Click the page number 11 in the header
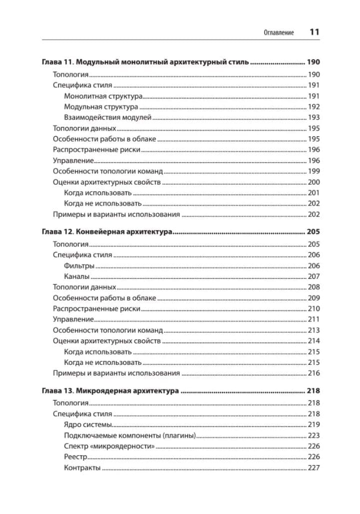click(314, 32)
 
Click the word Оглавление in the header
click(279, 33)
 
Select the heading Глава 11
click(144, 63)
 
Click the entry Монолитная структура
click(103, 96)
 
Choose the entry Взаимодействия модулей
click(107, 117)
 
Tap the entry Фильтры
click(79, 266)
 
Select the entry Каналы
click(77, 276)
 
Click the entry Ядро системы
click(88, 425)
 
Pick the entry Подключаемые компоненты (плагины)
click(129, 436)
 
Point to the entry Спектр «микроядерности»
click(109, 446)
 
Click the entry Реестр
click(76, 457)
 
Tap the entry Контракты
click(82, 468)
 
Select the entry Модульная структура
click(101, 107)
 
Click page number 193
click(314, 117)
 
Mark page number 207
click(314, 276)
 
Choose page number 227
click(314, 468)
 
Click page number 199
click(314, 171)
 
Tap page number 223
click(314, 436)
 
